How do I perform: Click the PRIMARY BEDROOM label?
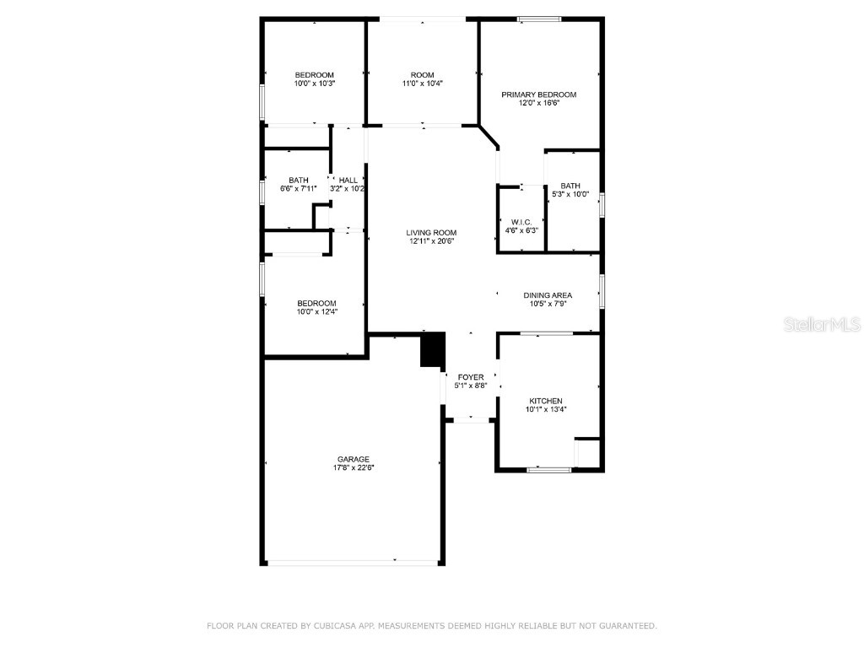pos(538,94)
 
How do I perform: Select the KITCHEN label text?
pos(546,401)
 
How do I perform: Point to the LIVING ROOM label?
pos(431,233)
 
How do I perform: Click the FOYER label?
pos(471,377)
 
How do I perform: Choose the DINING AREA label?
pos(548,295)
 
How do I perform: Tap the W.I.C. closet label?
pos(521,222)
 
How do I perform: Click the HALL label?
pos(348,180)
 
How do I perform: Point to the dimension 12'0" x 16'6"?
pos(538,103)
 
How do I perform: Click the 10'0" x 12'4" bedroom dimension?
pos(316,312)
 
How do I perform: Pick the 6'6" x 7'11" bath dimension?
pos(298,188)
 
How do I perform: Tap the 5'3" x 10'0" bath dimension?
pos(571,195)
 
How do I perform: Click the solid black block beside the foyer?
pos(432,349)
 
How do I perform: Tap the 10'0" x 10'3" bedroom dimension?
pos(315,84)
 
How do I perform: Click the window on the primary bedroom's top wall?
pos(539,19)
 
